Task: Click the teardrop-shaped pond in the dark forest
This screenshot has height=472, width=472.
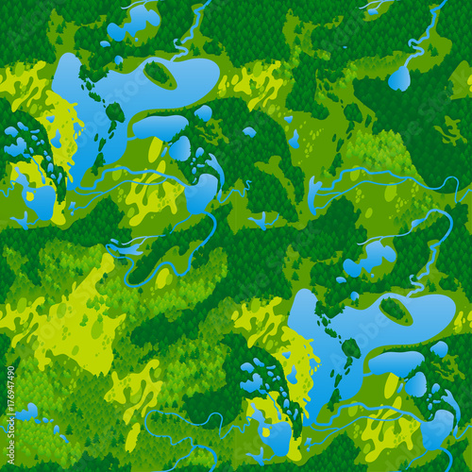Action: point(399,78)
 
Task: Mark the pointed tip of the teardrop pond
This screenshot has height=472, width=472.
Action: point(407,62)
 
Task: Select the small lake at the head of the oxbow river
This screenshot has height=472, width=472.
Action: point(204,194)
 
